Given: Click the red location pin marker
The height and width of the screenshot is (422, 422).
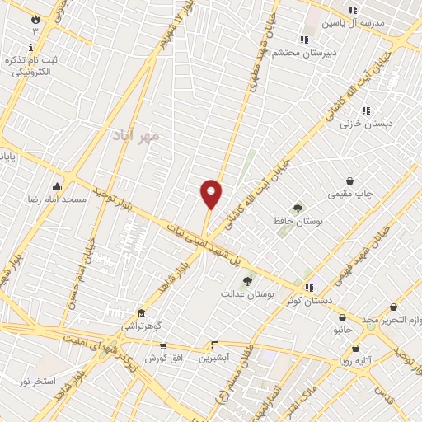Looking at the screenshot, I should pyautogui.click(x=212, y=194).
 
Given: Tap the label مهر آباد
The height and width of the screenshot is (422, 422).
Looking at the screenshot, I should pyautogui.click(x=137, y=135).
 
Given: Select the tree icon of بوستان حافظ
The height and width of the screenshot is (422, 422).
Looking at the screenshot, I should pyautogui.click(x=298, y=209).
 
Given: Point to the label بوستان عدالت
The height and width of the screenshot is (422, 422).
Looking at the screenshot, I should pyautogui.click(x=246, y=293).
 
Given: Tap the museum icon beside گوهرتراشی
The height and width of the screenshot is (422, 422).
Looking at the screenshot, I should pyautogui.click(x=143, y=314).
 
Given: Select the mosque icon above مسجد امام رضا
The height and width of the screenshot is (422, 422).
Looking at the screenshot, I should pyautogui.click(x=56, y=186).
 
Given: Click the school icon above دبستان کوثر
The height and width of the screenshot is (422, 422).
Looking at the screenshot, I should pyautogui.click(x=309, y=288).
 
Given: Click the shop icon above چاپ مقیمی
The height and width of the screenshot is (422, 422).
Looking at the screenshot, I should pyautogui.click(x=349, y=181).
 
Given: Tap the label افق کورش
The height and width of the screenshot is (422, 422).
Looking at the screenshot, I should pyautogui.click(x=162, y=359).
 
